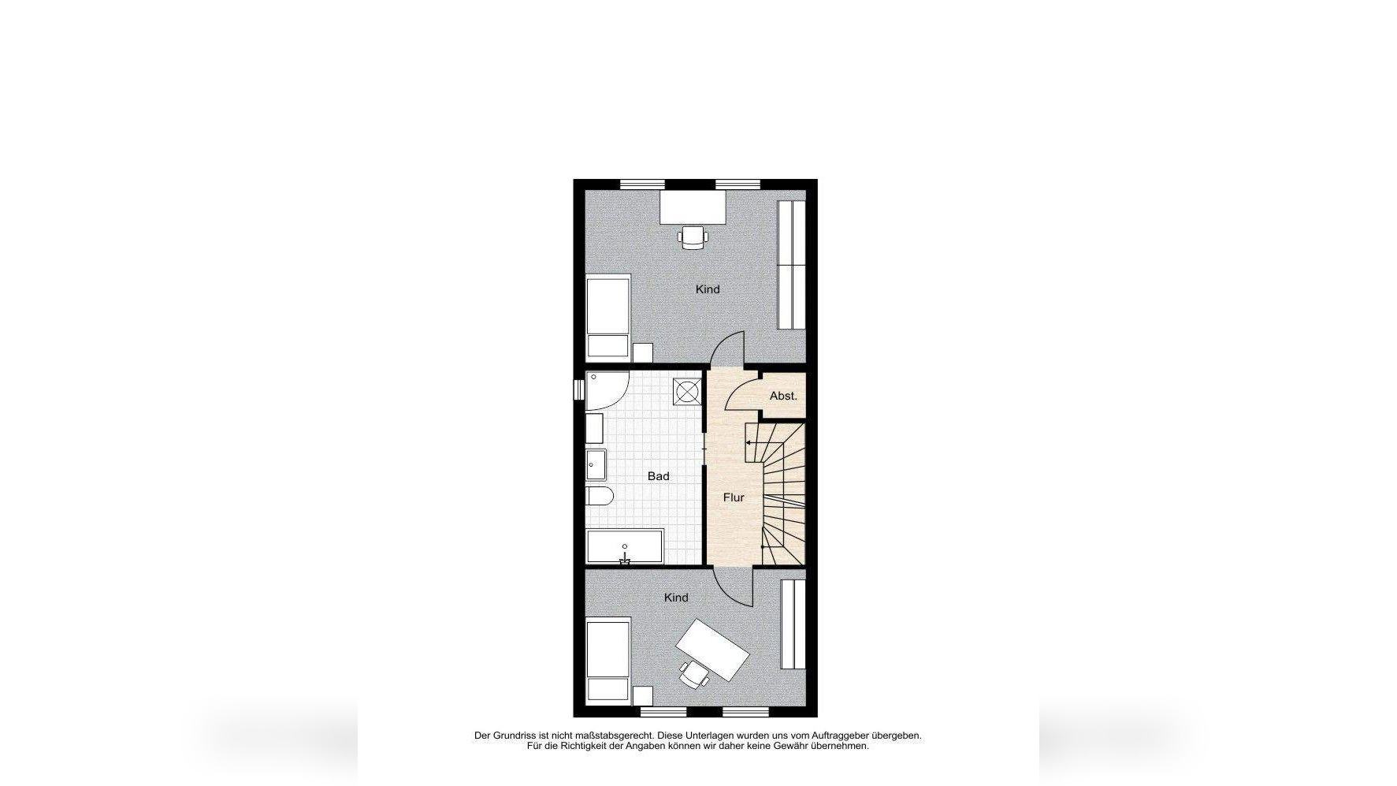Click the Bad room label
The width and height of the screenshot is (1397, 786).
(658, 476)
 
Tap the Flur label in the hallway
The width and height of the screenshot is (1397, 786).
(734, 497)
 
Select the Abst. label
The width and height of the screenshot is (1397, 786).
(783, 396)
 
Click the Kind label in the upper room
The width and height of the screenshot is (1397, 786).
(708, 289)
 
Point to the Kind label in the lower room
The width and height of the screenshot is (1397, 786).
(676, 598)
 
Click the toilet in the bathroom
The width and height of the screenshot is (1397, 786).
(600, 497)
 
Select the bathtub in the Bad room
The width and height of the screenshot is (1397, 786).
(625, 546)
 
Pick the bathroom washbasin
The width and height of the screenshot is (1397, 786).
(595, 464)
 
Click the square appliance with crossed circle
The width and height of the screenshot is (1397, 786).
(687, 392)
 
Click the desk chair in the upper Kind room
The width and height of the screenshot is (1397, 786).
(693, 237)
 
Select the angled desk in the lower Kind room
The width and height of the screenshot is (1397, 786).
(712, 650)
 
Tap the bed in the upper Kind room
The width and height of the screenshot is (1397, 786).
(608, 317)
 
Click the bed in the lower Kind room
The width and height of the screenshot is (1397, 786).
(608, 661)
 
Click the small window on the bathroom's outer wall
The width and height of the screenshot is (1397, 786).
(578, 389)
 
